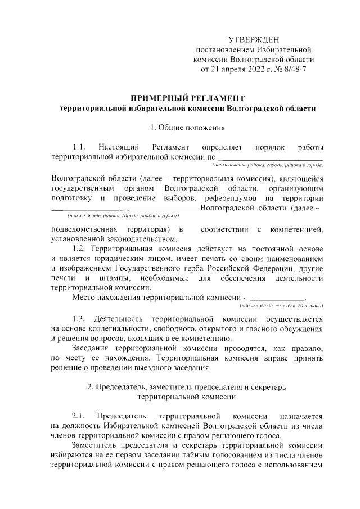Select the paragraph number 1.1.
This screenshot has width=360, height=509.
coord(79,147)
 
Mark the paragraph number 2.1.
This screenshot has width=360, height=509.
coord(79,416)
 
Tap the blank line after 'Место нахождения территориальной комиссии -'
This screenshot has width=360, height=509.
coord(276,298)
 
